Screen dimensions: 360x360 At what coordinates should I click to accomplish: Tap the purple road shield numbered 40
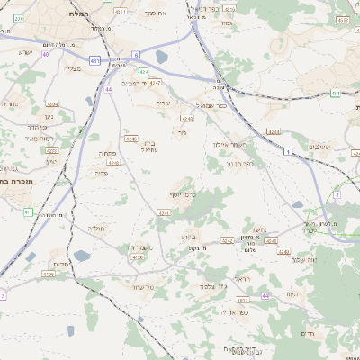pos(45,55)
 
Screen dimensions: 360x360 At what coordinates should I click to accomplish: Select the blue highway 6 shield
pos(136,56)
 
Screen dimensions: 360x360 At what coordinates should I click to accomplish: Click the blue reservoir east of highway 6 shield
pos(161,58)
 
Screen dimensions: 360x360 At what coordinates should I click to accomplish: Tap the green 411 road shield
pos(28,212)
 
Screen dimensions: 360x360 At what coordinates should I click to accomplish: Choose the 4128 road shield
pos(137,257)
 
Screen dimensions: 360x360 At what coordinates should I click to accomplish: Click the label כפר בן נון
pos(234,164)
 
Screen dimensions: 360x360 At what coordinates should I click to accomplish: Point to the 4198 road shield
pos(49,274)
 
